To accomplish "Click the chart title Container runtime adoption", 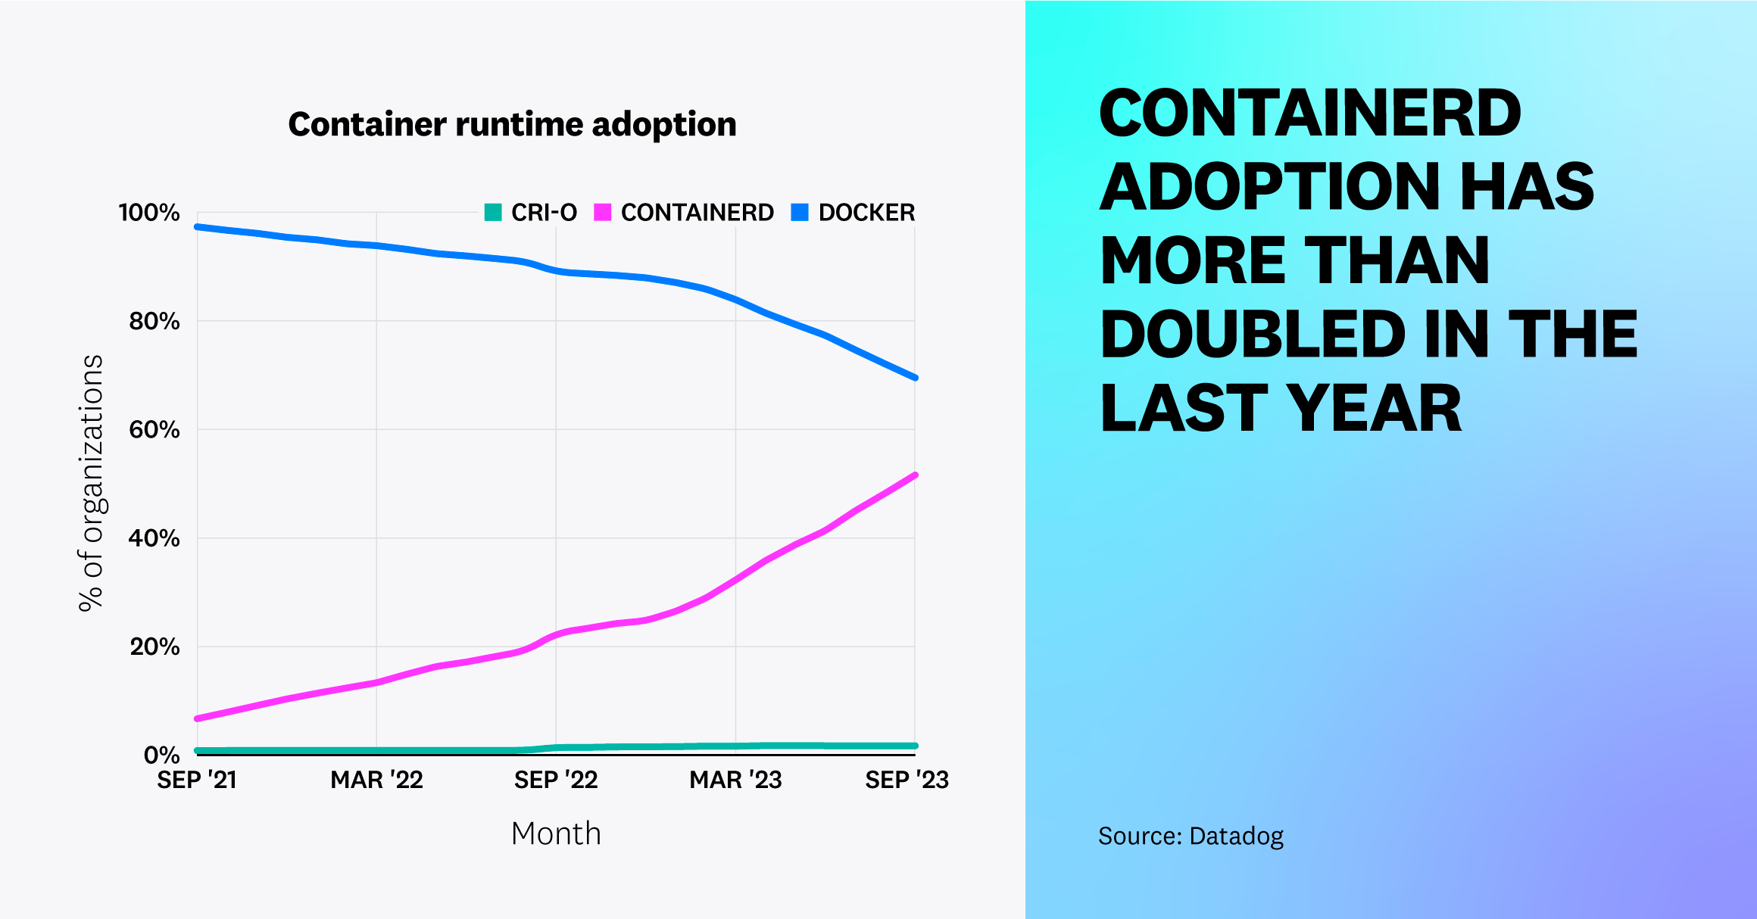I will point(512,124).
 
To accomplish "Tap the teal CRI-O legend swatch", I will point(493,212).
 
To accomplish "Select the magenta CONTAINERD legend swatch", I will point(603,212).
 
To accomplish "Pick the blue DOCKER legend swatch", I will point(800,212).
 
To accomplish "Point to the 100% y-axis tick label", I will point(149,213).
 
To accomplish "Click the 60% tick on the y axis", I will point(154,430).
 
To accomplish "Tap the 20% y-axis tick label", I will point(154,647).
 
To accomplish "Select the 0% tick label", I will point(161,755).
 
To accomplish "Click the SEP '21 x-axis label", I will point(197,780).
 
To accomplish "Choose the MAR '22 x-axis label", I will point(376,780).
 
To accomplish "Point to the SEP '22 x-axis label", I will point(556,780).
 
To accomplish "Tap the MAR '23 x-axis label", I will point(735,780).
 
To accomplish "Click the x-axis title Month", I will point(556,833).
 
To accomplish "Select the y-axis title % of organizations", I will point(91,483).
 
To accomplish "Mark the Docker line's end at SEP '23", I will point(915,377).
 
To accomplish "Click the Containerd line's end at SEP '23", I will point(915,475).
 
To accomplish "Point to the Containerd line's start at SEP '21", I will point(198,718).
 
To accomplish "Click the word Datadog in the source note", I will point(1236,836).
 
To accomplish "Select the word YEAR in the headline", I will point(1374,409).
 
